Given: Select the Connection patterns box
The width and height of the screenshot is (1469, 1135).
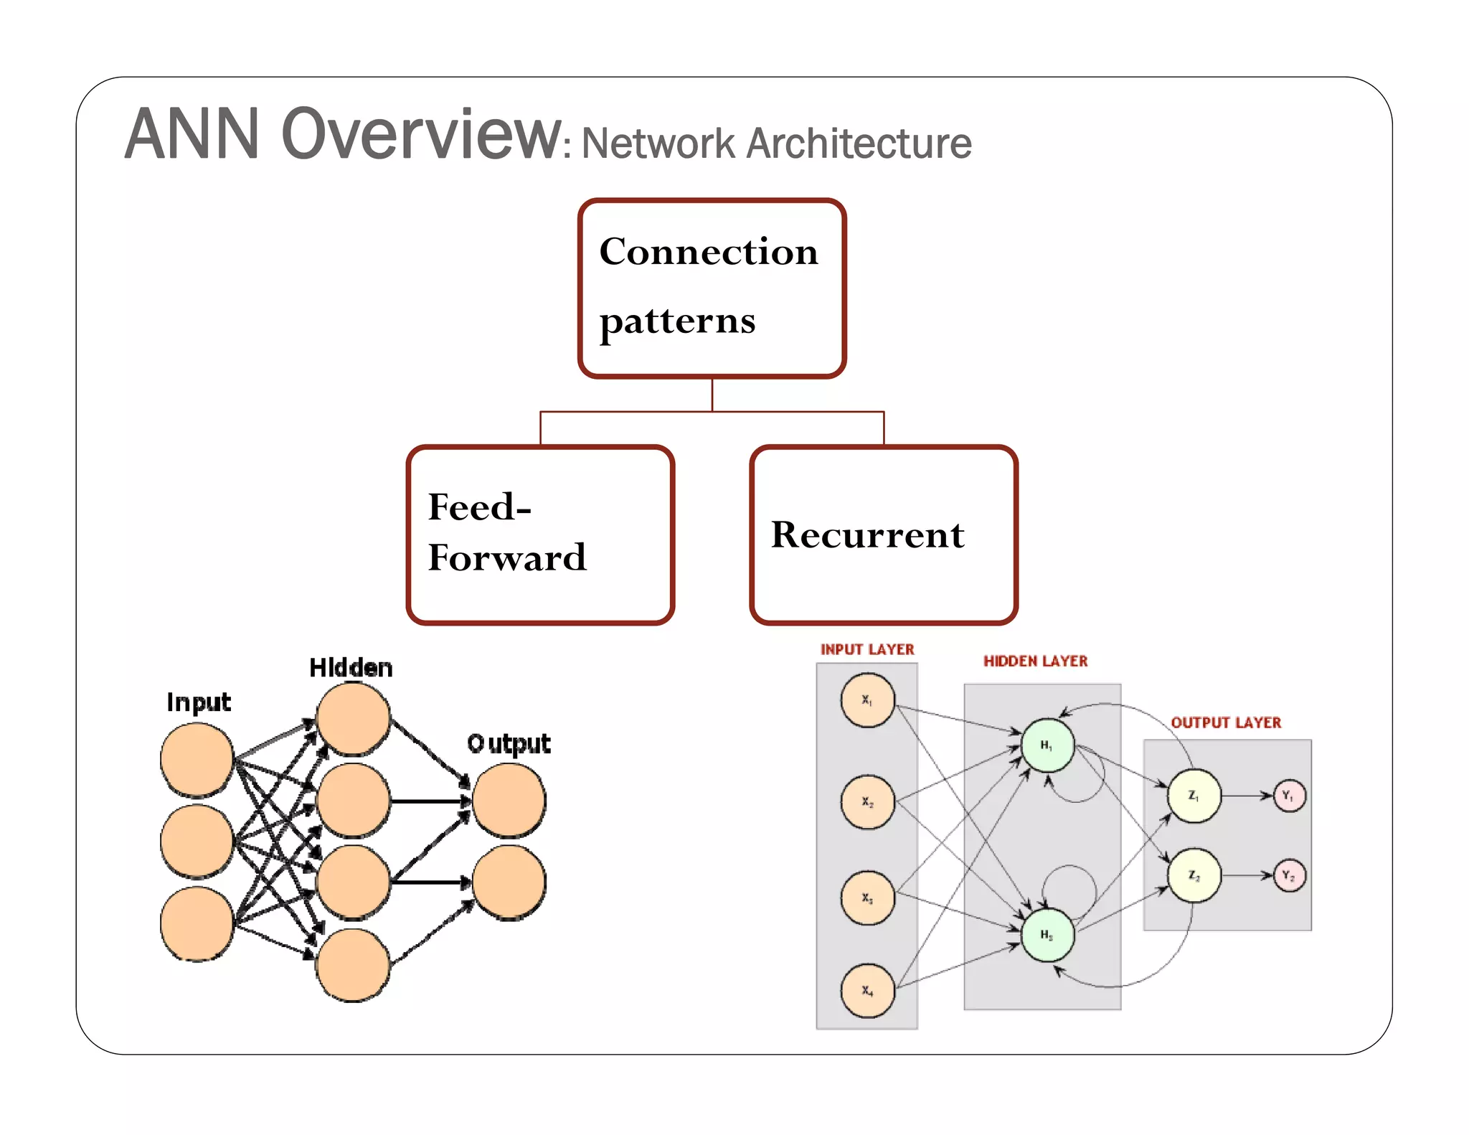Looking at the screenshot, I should (x=712, y=288).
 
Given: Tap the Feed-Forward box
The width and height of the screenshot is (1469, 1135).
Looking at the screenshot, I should (x=540, y=534).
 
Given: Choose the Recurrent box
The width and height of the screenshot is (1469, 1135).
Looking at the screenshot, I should (x=883, y=534).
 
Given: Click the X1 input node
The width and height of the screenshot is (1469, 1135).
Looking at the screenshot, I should (x=867, y=700).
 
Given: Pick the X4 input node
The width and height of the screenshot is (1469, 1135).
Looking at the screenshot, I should (x=867, y=991).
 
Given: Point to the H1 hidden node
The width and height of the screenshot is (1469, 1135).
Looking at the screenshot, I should (x=1047, y=746).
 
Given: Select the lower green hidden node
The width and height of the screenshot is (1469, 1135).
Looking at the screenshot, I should (x=1047, y=935).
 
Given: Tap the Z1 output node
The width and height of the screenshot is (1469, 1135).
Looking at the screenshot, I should (x=1194, y=796).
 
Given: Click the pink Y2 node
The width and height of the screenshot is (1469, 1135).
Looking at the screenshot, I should (x=1289, y=875).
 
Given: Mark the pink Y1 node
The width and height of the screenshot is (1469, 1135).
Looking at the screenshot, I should (x=1289, y=796).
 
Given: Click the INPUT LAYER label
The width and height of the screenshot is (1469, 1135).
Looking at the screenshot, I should (x=867, y=649).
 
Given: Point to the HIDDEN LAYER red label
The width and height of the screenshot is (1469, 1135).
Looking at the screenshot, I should (x=1035, y=661).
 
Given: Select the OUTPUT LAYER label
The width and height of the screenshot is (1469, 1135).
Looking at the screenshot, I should (x=1226, y=722).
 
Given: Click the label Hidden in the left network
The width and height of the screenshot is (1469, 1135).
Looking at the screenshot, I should (x=351, y=668).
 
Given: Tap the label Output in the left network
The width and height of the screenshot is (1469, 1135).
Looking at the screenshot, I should (x=509, y=743).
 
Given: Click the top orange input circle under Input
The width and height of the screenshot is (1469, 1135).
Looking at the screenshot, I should (x=197, y=759).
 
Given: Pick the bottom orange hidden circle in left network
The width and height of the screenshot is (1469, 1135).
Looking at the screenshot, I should (x=353, y=965).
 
